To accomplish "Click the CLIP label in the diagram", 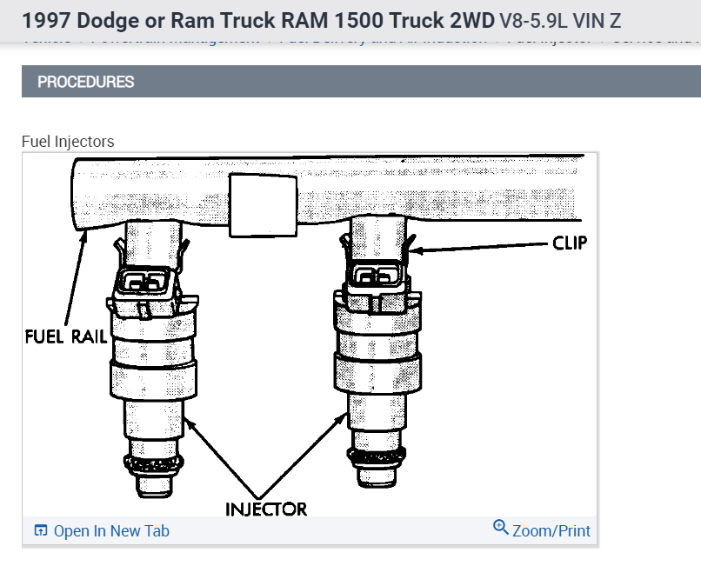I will [x=570, y=243].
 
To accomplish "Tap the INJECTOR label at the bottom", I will [x=266, y=508].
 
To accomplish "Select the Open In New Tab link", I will [x=111, y=531].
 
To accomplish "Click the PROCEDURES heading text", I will [x=86, y=82].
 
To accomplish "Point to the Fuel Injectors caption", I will [x=68, y=141].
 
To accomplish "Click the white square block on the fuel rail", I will [x=255, y=203].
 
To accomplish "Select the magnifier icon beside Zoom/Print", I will [x=500, y=527].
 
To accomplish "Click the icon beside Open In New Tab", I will [x=40, y=531].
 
